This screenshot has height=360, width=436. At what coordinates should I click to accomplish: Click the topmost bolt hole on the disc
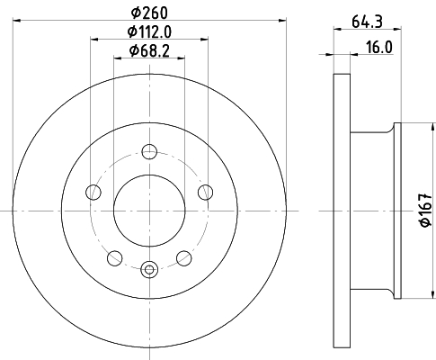(x=149, y=150)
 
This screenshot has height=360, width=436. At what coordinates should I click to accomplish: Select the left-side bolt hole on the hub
(x=93, y=191)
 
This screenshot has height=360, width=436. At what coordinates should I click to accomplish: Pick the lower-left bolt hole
(x=114, y=257)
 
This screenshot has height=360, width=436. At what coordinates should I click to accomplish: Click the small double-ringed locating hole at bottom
(x=149, y=266)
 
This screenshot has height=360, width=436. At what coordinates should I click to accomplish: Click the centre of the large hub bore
(x=149, y=208)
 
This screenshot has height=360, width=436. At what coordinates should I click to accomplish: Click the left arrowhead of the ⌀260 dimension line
(x=17, y=22)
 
